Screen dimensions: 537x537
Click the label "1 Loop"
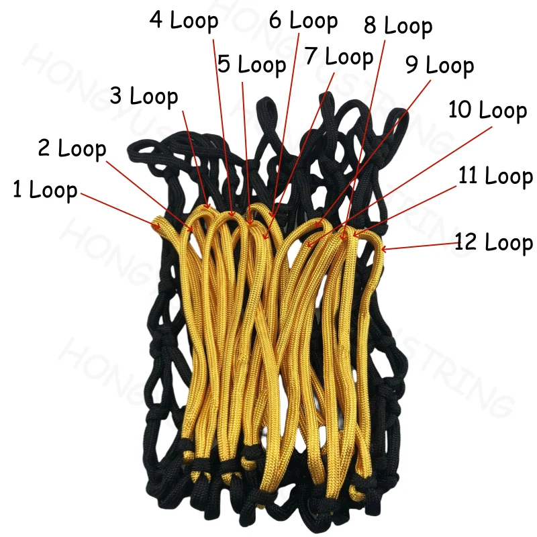click(x=45, y=190)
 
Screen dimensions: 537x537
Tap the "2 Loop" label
click(x=72, y=148)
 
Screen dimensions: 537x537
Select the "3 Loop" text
click(x=144, y=96)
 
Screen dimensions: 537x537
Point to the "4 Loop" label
click(x=184, y=20)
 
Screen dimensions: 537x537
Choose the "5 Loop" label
click(x=252, y=65)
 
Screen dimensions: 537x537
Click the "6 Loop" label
click(x=303, y=20)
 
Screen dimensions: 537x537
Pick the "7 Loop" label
click(x=338, y=56)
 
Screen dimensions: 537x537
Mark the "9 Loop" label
click(x=440, y=65)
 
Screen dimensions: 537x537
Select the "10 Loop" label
click(x=487, y=110)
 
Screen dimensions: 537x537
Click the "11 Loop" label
click(x=495, y=177)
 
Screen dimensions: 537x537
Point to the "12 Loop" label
click(x=493, y=242)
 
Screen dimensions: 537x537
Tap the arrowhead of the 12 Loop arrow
click(x=383, y=250)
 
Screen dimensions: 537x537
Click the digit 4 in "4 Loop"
click(x=156, y=20)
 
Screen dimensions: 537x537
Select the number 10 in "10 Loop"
click(x=460, y=110)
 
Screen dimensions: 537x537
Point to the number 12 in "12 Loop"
click(x=467, y=242)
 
